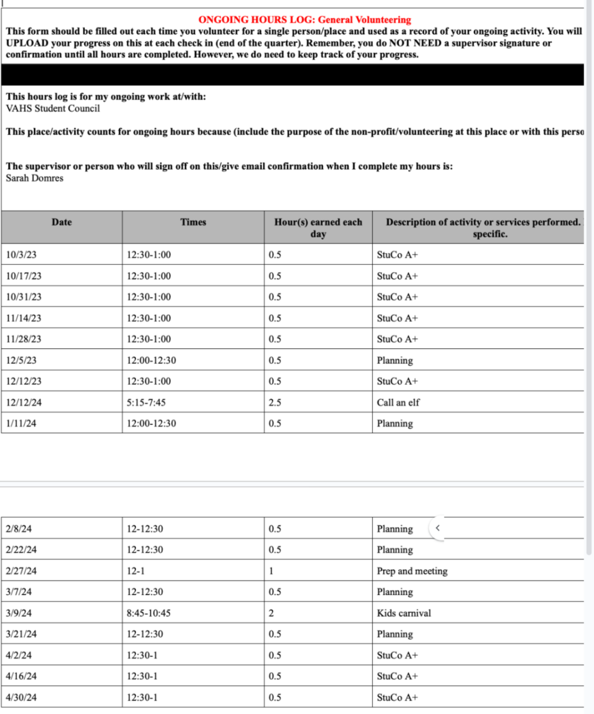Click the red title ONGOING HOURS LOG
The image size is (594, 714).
[x=304, y=20]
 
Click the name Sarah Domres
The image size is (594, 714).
[x=35, y=178]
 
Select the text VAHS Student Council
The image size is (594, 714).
[x=53, y=109]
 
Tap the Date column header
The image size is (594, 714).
[x=61, y=222]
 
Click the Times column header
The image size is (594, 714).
[x=193, y=222]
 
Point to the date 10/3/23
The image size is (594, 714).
[x=21, y=255]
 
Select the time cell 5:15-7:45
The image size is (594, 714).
[x=146, y=403]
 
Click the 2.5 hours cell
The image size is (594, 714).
[x=275, y=403]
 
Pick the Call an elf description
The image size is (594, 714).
[x=398, y=403]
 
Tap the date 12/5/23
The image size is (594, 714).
[x=21, y=360]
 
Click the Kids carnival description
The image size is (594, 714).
[x=404, y=613]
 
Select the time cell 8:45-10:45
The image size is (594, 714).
[x=148, y=613]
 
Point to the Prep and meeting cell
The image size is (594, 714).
[x=412, y=571]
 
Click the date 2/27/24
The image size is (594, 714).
[x=21, y=571]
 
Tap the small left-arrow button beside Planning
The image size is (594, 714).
[x=438, y=528]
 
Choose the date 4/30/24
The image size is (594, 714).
[x=21, y=697]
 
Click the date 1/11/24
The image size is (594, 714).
[x=21, y=424]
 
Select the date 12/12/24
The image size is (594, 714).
[x=23, y=403]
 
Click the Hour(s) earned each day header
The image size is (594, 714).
[x=318, y=228]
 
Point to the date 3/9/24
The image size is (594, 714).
[x=18, y=613]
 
